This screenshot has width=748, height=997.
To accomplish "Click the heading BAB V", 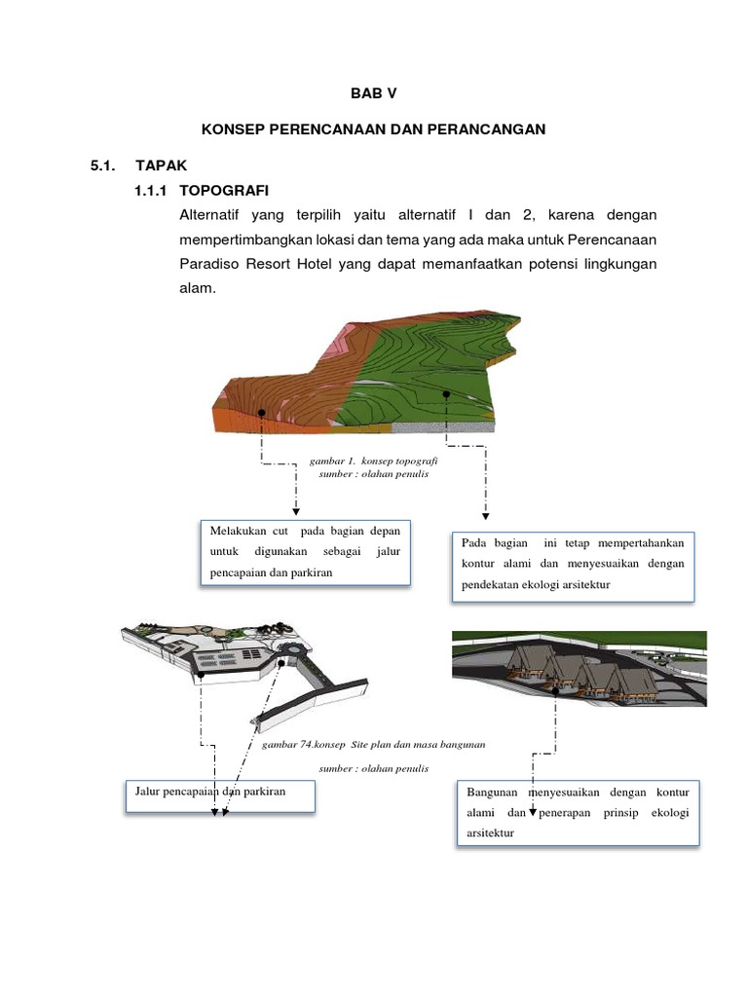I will click(x=374, y=93).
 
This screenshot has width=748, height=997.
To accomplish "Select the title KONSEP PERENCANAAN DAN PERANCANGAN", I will click(x=373, y=129).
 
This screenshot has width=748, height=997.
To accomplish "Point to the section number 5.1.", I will click(x=103, y=166).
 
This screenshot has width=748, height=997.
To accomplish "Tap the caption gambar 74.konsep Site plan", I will click(x=373, y=744).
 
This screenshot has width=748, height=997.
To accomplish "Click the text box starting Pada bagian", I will click(x=572, y=565).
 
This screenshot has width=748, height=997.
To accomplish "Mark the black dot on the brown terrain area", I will click(x=262, y=413).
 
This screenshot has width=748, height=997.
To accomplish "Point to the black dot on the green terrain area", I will click(x=446, y=394).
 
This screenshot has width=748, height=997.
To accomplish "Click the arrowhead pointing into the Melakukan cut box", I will click(x=295, y=512).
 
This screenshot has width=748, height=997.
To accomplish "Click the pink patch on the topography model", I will click(x=339, y=340).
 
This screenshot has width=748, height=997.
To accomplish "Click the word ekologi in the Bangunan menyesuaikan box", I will click(x=669, y=813).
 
